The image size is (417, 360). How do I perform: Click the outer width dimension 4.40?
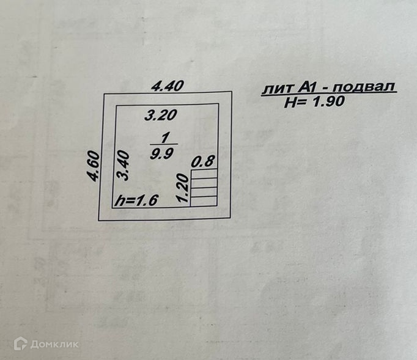(168, 86)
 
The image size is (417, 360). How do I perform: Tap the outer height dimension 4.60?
(92, 166)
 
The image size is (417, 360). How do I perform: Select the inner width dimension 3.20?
(161, 114)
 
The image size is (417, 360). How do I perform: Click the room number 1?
(163, 137)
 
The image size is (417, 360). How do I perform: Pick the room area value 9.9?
(162, 153)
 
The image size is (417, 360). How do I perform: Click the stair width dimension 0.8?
(204, 163)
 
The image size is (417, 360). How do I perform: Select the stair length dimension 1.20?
(181, 188)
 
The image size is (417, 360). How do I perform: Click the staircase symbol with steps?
(204, 188)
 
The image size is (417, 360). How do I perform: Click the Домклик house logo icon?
(21, 343)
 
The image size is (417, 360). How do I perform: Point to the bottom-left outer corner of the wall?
(100, 219)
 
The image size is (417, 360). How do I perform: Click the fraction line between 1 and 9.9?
(163, 145)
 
